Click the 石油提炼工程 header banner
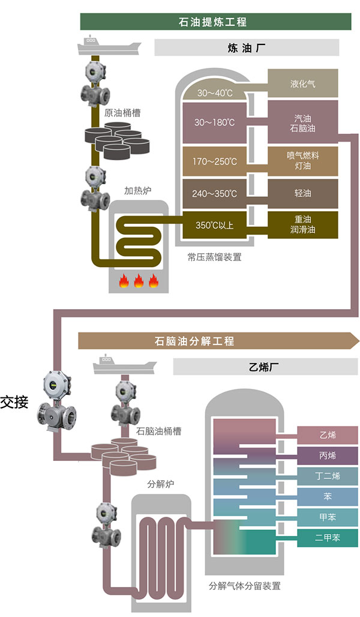(215, 22)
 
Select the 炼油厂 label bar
(247, 47)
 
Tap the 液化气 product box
(302, 83)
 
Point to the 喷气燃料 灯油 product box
(302, 160)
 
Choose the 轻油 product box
(302, 193)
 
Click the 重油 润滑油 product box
(302, 224)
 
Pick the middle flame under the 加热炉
(139, 280)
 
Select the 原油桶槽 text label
(122, 113)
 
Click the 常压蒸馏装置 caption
(214, 257)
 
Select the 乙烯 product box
(328, 435)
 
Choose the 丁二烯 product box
(328, 475)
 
